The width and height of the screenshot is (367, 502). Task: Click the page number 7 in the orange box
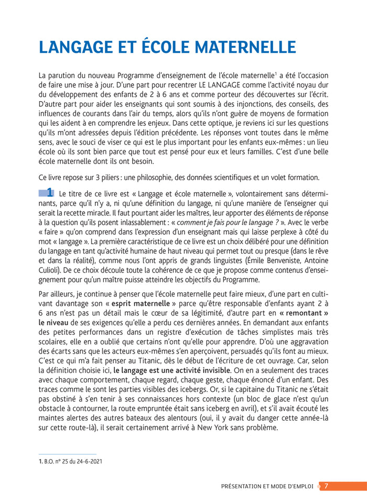click(x=326, y=486)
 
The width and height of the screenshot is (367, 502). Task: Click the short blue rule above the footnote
click(x=68, y=454)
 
